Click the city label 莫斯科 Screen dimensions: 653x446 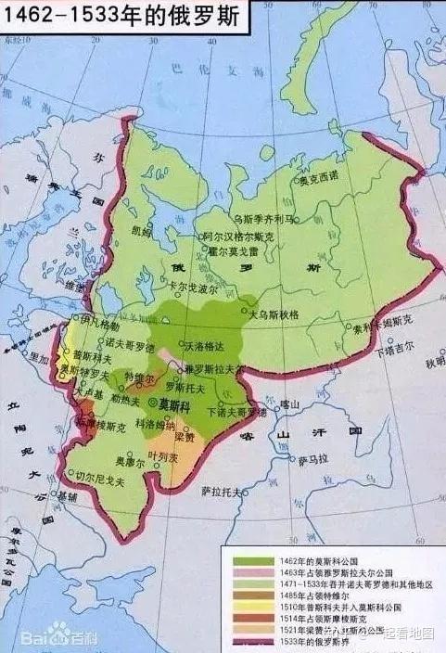pyautogui.click(x=175, y=406)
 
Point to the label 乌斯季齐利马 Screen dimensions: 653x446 pyautogui.click(x=262, y=219)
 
